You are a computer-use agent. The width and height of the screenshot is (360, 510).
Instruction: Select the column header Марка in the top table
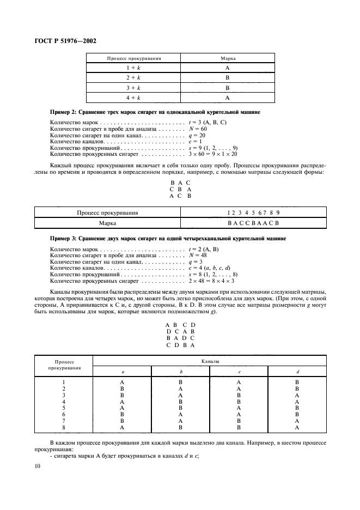(x=228, y=57)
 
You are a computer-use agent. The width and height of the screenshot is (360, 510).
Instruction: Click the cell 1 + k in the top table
(x=133, y=68)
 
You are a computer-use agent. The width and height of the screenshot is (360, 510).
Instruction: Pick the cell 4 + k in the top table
(x=133, y=98)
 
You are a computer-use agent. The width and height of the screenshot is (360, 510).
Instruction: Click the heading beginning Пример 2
(x=155, y=112)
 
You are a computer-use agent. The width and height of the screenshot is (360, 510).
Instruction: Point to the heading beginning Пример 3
(x=168, y=239)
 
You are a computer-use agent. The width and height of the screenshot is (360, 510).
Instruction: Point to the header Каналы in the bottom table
(x=209, y=361)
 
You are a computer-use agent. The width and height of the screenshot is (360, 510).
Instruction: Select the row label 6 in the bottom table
(x=64, y=414)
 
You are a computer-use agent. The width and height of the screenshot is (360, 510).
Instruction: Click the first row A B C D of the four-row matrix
(x=180, y=325)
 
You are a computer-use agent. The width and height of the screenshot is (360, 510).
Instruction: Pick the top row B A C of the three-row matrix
(x=180, y=183)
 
